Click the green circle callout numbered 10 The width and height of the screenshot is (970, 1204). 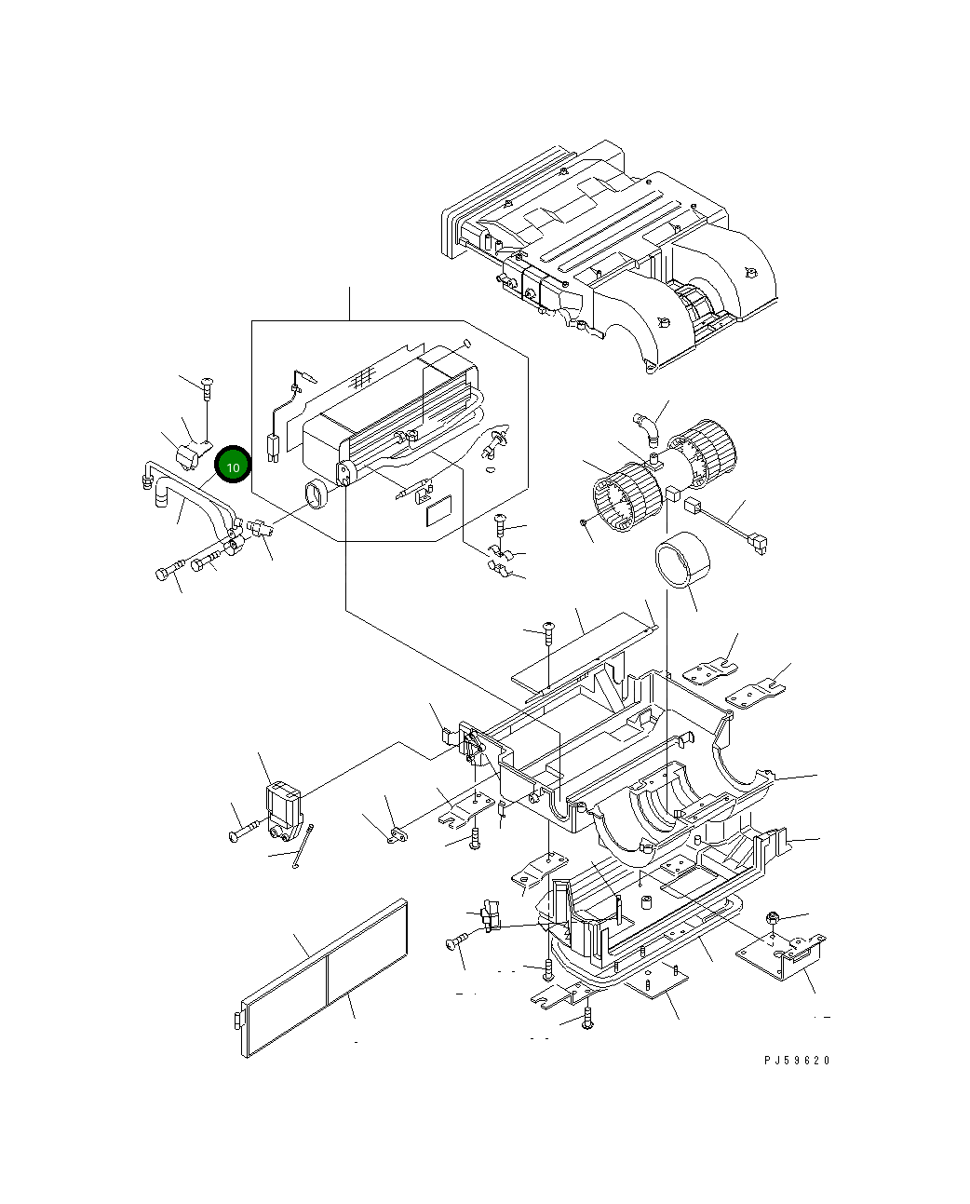point(233,466)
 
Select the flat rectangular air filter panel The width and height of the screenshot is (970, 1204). point(324,979)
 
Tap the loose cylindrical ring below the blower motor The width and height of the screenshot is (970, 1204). point(683,561)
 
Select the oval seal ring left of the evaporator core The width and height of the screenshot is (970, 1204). point(317,495)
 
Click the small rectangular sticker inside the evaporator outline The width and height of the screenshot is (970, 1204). point(438,513)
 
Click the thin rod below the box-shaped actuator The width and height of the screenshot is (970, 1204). point(302,848)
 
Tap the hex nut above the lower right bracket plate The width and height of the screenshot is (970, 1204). point(772,919)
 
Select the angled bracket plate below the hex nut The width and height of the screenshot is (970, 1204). point(784,956)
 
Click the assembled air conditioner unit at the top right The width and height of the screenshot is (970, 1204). point(610,251)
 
